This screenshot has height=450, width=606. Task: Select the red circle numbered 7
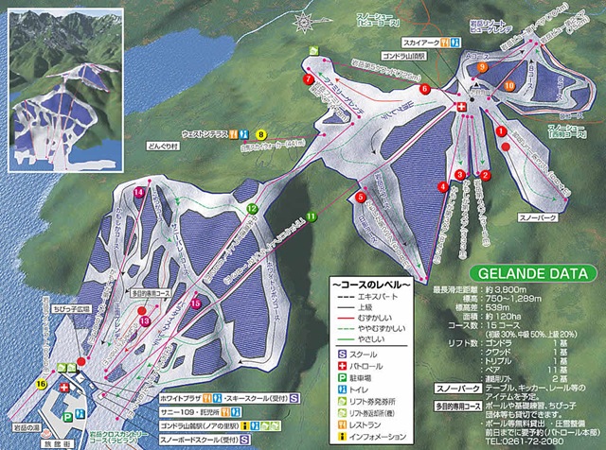(x=309, y=80)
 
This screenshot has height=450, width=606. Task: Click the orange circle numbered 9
(x=482, y=67)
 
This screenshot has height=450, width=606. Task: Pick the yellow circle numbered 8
(x=261, y=136)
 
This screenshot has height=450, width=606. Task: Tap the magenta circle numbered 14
(x=138, y=192)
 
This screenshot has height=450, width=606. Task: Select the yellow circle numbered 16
(x=41, y=383)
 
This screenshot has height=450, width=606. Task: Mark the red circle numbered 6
(x=425, y=89)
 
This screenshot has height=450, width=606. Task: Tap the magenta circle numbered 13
(x=145, y=321)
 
